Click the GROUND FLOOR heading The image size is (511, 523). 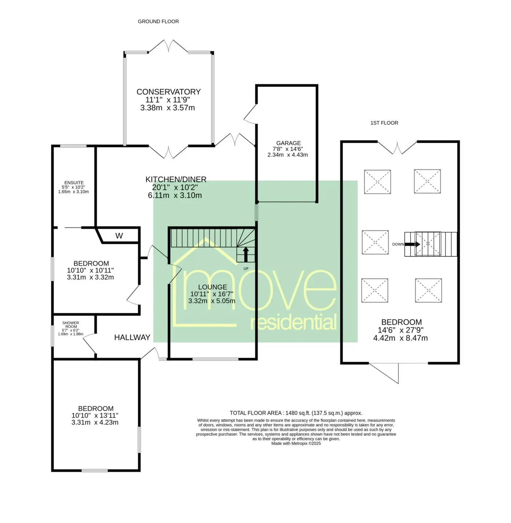tap(158, 21)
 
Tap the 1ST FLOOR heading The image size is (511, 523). tap(384, 123)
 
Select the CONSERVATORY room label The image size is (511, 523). tap(168, 92)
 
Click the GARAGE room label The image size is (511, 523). tap(288, 143)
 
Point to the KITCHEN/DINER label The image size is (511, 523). tap(176, 179)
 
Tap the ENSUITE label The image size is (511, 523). tap(74, 182)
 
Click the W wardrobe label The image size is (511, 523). tap(119, 236)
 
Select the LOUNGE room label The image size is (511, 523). tap(212, 287)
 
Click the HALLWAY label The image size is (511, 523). tap(132, 337)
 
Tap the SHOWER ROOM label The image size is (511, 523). tap(71, 325)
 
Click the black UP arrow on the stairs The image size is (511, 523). tap(245, 254)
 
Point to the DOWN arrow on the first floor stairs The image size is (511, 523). tap(412, 244)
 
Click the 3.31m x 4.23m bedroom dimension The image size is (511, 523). tap(95, 422)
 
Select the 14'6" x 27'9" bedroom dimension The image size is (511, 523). tap(401, 330)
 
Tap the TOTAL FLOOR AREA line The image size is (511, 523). tap(296, 413)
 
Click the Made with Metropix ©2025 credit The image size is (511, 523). tap(296, 443)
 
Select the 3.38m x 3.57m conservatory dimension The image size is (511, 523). tap(168, 108)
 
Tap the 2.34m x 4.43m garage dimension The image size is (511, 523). tap(288, 155)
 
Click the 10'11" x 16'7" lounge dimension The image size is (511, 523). tap(212, 294)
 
